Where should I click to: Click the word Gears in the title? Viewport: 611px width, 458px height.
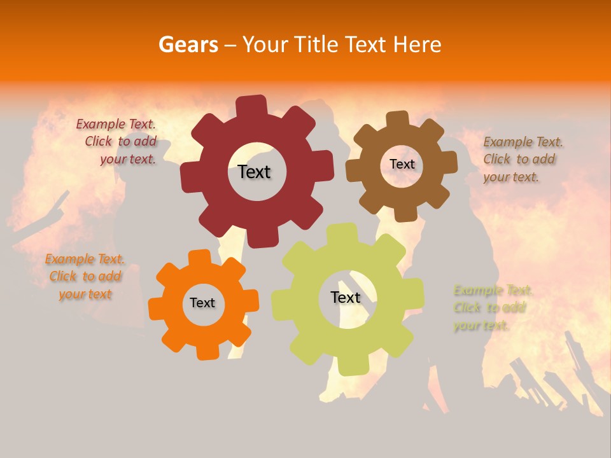188,45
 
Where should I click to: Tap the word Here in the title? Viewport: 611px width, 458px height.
418,45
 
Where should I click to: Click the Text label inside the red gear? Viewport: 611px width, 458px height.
254,172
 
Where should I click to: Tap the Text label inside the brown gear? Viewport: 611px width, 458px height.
402,164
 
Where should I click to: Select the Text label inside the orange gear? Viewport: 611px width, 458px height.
202,303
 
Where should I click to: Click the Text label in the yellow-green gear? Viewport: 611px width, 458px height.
346,297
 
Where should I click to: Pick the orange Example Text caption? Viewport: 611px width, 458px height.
85,277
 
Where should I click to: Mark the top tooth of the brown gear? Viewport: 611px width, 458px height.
398,118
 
